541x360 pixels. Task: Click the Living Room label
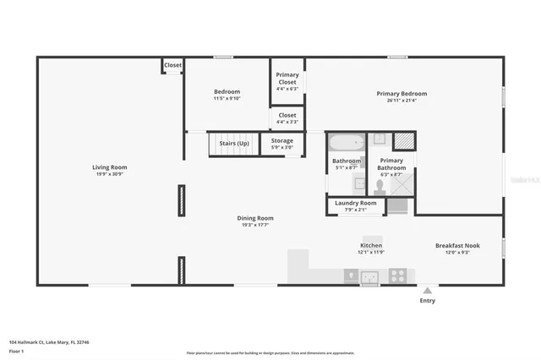[109, 167]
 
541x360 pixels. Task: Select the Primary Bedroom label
[402, 94]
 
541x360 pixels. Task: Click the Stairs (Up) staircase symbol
[233, 144]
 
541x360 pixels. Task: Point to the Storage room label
[281, 141]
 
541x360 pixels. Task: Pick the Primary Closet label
[287, 75]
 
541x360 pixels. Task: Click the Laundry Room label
[355, 203]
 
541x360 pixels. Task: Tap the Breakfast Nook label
[457, 246]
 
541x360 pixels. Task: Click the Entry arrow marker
[428, 290]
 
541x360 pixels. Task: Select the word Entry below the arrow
[428, 301]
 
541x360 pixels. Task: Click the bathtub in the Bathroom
[346, 141]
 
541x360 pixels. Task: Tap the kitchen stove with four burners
[397, 275]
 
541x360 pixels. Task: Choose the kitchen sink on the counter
[369, 275]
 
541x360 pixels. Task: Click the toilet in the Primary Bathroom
[380, 185]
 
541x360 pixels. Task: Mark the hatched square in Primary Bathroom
[404, 141]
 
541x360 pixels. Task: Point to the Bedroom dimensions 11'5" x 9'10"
[227, 99]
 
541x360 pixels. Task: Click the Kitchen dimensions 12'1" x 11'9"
[371, 252]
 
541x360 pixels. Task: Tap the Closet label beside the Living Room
[172, 65]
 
